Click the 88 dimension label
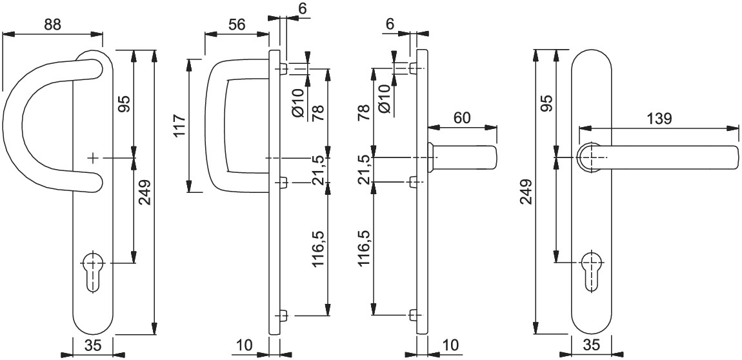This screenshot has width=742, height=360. tap(52, 25)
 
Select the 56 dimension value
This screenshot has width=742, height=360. tap(237, 25)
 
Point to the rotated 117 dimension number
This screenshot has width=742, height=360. tap(180, 126)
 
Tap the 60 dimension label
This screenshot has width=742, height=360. tap(462, 118)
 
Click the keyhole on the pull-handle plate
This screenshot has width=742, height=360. tap(93, 273)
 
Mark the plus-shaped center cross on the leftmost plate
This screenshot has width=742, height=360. tap(93, 157)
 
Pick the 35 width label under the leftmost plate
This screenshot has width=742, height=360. tap(94, 346)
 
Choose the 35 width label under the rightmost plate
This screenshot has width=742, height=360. tap(591, 346)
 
